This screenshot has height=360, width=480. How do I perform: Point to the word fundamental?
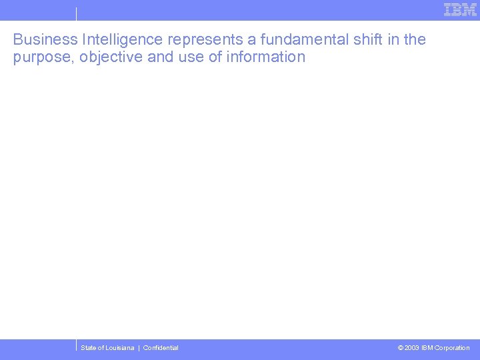coord(303,39)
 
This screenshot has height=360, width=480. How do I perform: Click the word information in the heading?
coord(266,57)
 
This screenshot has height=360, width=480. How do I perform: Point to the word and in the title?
coord(160,57)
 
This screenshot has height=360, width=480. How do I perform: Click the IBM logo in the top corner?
coord(460,10)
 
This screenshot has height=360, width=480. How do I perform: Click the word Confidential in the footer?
coord(161,348)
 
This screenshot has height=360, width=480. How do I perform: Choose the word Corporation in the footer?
coord(452,348)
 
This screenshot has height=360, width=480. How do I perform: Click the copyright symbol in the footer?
coord(400,348)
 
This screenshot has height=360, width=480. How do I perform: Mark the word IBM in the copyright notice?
coord(427,348)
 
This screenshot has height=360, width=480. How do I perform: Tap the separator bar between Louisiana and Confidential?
coord(139,348)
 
